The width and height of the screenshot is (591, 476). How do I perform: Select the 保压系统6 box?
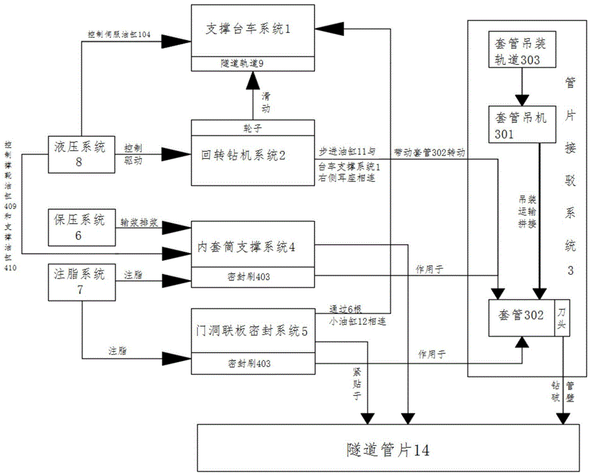pyautogui.click(x=79, y=227)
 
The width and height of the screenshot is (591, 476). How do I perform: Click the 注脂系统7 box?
pyautogui.click(x=79, y=281)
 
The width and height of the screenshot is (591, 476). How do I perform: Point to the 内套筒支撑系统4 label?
pyautogui.click(x=246, y=247)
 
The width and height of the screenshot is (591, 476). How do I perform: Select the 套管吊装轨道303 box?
pyautogui.click(x=518, y=51)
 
